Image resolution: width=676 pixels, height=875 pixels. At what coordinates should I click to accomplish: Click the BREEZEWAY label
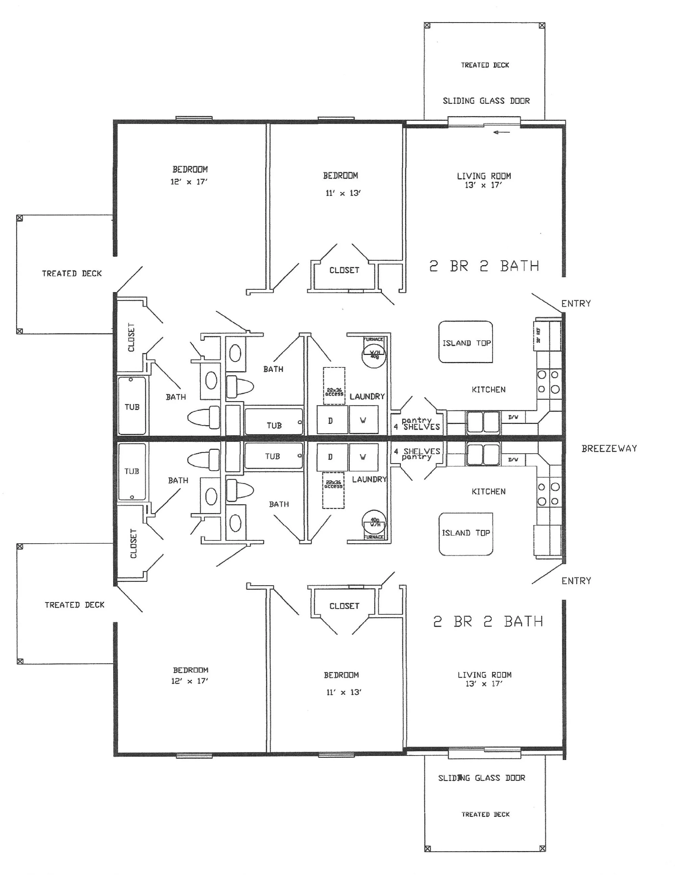click(609, 449)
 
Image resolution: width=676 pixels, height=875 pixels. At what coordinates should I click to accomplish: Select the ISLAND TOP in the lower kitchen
click(465, 533)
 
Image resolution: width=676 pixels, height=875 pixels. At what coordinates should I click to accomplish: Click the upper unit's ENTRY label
click(576, 304)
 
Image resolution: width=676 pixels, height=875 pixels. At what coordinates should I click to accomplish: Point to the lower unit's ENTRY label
click(576, 581)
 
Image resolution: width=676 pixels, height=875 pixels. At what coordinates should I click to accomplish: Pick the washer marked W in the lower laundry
click(363, 457)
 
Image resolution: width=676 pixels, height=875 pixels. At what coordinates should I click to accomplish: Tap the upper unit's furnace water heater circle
click(374, 354)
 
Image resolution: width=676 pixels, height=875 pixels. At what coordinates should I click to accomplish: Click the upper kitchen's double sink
click(483, 422)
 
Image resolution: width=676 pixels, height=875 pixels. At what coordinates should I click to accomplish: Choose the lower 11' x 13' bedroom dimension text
click(344, 692)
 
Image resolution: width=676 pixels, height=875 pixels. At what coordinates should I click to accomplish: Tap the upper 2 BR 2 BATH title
click(484, 266)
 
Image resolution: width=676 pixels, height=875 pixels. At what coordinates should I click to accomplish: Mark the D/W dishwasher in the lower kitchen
click(513, 460)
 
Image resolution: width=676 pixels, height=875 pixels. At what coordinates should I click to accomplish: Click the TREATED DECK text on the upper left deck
click(72, 274)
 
